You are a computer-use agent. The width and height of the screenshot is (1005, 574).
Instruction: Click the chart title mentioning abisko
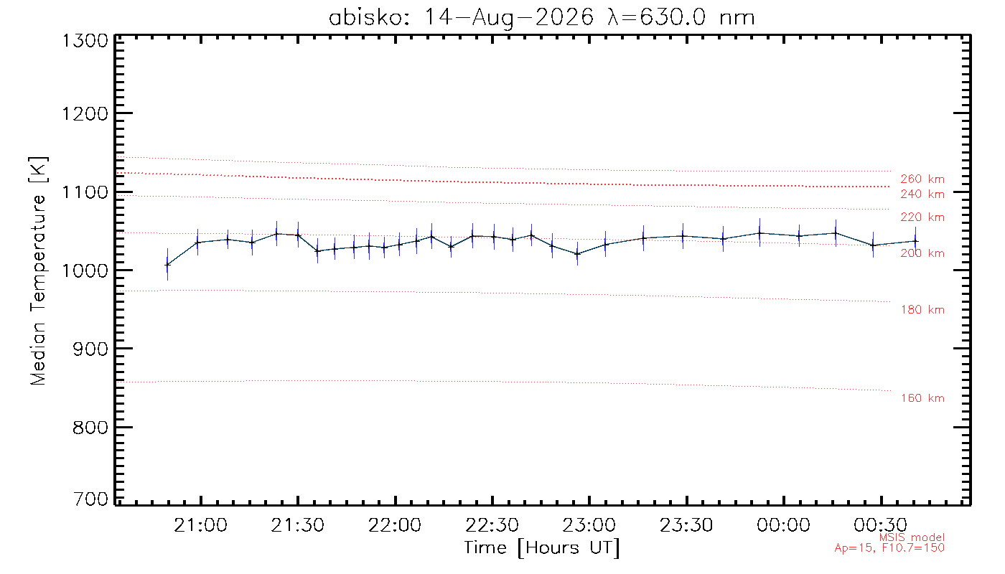coord(541,18)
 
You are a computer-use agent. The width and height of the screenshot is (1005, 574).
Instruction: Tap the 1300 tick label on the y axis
coord(85,41)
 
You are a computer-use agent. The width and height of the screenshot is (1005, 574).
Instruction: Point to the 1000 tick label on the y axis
coord(85,270)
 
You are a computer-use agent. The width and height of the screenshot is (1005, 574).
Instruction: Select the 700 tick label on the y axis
coord(90,499)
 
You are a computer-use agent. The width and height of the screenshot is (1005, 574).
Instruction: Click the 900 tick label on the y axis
coord(90,349)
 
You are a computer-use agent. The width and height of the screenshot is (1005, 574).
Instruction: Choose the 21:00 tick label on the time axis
coord(200,524)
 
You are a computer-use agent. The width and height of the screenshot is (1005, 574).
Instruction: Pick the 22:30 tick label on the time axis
coord(492,524)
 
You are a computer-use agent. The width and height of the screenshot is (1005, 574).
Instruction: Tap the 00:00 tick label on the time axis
coord(783,524)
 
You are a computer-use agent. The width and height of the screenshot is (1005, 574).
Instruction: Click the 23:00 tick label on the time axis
coord(589,524)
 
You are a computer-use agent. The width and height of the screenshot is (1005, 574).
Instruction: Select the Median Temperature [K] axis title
coord(37,270)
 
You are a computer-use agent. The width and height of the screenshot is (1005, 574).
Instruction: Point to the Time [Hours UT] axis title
coord(541,548)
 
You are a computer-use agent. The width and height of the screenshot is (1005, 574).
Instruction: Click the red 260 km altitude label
coord(922,179)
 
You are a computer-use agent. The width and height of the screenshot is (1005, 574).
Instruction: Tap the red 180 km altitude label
coord(922,310)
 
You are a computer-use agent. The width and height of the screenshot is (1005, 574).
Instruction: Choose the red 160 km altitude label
coord(922,398)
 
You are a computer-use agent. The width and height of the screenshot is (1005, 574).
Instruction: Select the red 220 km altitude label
coord(922,217)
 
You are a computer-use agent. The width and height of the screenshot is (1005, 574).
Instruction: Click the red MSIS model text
coord(912,537)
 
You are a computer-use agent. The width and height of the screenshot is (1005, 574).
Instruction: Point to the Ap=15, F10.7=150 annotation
coord(889,548)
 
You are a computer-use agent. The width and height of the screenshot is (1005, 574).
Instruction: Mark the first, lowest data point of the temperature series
coord(167,265)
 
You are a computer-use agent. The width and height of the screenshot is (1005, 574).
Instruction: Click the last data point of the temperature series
coord(915,241)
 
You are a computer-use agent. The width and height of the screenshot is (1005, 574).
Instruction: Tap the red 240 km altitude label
coord(922,194)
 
